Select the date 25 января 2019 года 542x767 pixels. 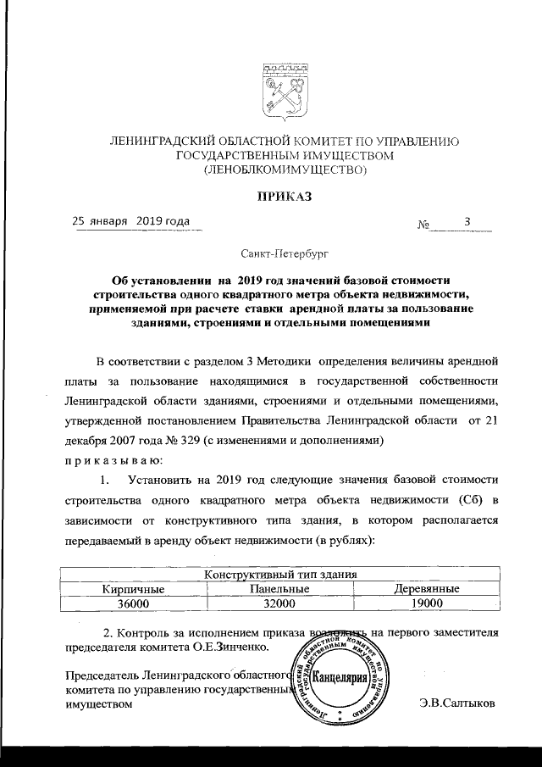131,221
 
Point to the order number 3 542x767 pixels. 467,222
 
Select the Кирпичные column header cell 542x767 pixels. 132,588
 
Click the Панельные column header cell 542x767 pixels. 279,588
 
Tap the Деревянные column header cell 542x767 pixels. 427,588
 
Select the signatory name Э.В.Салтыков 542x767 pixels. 457,704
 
